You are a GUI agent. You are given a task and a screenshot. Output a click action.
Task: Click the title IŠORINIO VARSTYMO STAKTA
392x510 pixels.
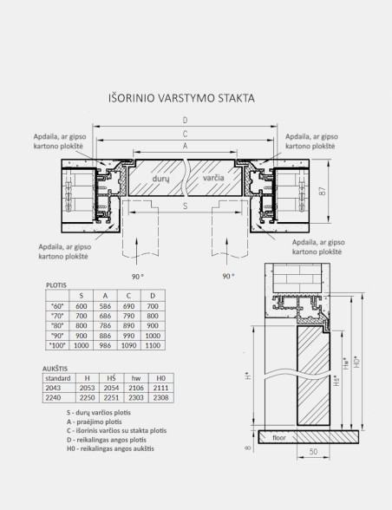[x=180, y=97]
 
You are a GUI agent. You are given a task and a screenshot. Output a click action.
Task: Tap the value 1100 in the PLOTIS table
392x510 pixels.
[x=154, y=345]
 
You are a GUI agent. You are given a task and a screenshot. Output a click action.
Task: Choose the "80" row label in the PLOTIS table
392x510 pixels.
[x=57, y=325]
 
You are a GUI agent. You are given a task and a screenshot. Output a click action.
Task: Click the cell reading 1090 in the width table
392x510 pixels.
[x=130, y=345]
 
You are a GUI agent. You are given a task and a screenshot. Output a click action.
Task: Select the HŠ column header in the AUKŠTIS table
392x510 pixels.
[x=110, y=379]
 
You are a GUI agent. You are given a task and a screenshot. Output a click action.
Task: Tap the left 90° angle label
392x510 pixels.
[x=136, y=276]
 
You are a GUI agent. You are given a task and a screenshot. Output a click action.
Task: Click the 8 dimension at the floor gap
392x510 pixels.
[x=246, y=448]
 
